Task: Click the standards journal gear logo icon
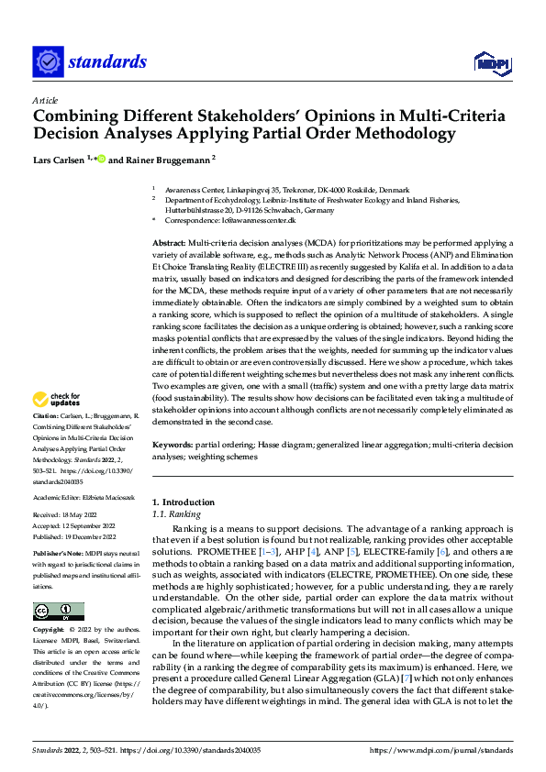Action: (48, 61)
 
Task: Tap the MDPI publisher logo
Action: (491, 61)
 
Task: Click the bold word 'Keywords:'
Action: (174, 444)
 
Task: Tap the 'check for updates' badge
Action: (56, 400)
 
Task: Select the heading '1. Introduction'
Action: (183, 502)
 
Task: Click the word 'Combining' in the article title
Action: (74, 116)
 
